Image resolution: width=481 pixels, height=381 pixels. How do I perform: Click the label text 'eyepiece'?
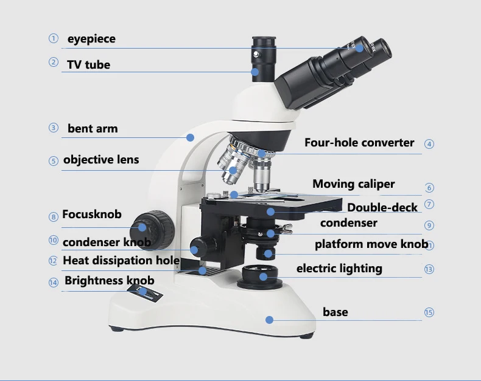pos(91,39)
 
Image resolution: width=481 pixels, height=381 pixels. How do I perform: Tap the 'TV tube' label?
pos(88,64)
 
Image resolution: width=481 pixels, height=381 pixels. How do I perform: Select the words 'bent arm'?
pos(93,128)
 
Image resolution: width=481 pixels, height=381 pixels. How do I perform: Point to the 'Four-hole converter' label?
pos(359,143)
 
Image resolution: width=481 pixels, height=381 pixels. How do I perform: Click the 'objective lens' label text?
pos(101,160)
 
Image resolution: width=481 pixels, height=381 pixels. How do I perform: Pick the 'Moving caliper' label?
pos(353,184)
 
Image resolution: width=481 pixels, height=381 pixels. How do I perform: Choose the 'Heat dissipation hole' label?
pos(121,260)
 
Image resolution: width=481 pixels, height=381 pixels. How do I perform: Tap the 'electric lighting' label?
pos(339,268)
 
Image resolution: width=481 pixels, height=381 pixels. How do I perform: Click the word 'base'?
pos(335,312)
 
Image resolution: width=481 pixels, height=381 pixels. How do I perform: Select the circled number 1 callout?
pos(54,39)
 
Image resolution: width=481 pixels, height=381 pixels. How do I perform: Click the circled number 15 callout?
pos(429,312)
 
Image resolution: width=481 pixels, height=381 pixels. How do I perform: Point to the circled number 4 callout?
pos(429,144)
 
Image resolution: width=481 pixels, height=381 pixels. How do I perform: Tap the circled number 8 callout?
pos(54,216)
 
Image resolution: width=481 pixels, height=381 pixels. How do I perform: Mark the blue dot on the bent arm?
pos(191,137)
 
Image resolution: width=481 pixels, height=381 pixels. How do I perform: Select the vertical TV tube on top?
pos(263,58)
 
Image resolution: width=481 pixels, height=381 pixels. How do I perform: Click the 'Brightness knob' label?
pos(110,280)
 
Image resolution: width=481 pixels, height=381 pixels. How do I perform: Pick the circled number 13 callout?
pos(429,269)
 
